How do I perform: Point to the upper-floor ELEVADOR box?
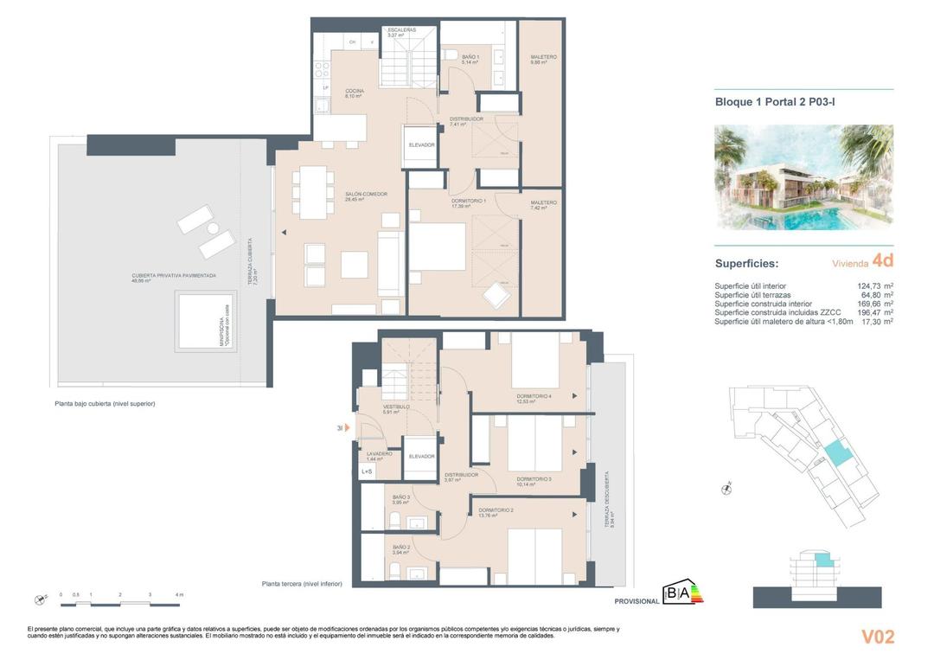[x=421, y=145]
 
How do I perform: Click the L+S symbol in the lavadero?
[x=366, y=471]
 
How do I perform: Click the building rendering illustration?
[x=803, y=177]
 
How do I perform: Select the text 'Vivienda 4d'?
[x=862, y=261]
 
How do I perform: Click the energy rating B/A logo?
[x=682, y=593]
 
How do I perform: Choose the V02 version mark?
[x=877, y=638]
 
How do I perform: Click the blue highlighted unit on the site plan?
[x=836, y=452]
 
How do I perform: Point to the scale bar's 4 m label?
[x=178, y=595]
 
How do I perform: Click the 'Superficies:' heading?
[x=746, y=264]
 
